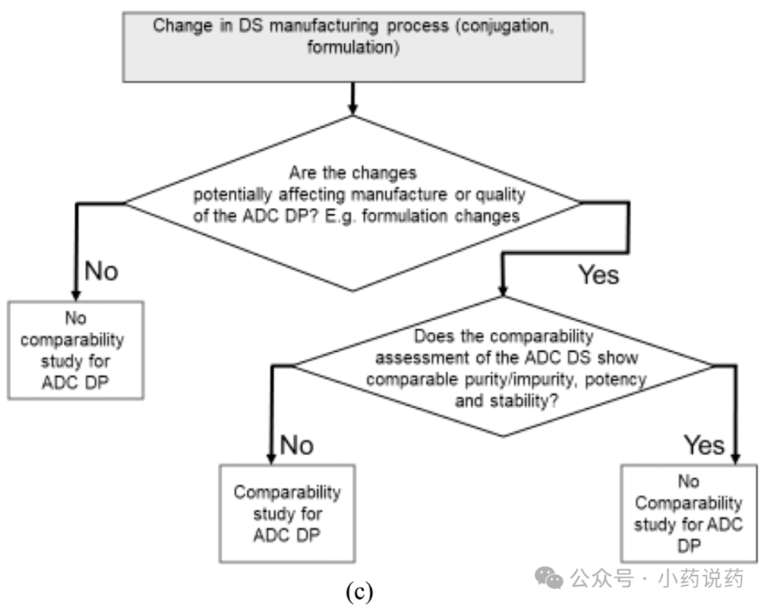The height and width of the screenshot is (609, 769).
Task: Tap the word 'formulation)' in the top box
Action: pyautogui.click(x=353, y=48)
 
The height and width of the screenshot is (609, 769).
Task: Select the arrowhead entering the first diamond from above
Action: pyautogui.click(x=353, y=109)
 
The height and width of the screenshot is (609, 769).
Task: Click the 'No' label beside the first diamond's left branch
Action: pyautogui.click(x=102, y=271)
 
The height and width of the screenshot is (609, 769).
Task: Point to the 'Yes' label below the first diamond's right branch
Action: pyautogui.click(x=598, y=275)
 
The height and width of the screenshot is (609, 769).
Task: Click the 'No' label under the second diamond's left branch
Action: pyautogui.click(x=296, y=445)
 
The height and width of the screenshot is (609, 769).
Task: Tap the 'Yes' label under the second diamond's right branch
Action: pyautogui.click(x=704, y=445)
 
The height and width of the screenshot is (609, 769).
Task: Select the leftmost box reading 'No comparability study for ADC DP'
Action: pyautogui.click(x=75, y=350)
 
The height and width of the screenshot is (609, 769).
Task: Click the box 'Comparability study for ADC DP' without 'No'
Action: pyautogui.click(x=287, y=514)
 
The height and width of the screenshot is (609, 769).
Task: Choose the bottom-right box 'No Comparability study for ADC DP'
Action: pyautogui.click(x=689, y=513)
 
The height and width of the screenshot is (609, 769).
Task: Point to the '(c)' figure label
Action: pyautogui.click(x=359, y=591)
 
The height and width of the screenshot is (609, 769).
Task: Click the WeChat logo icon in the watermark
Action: pyautogui.click(x=549, y=577)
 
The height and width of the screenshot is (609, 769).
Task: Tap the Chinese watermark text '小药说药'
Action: pyautogui.click(x=700, y=579)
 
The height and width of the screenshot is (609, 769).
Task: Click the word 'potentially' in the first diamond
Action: pyautogui.click(x=232, y=195)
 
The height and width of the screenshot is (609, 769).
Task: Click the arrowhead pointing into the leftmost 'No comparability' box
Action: pyautogui.click(x=76, y=294)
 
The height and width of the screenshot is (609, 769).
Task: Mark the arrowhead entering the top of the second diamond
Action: pyautogui.click(x=502, y=290)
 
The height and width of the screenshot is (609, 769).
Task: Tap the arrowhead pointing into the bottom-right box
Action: pyautogui.click(x=735, y=458)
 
